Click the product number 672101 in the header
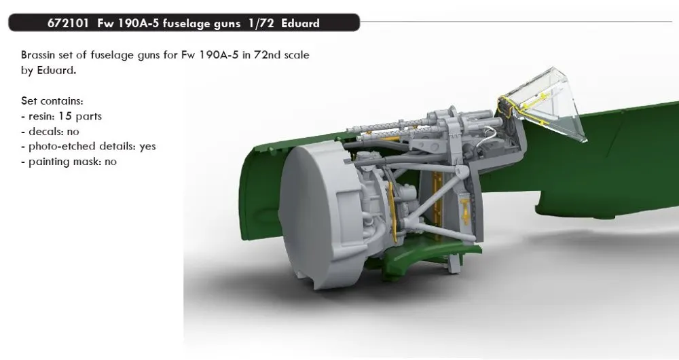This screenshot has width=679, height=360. [69, 23]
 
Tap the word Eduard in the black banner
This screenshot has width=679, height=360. [300, 23]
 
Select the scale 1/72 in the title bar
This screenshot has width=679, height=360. [261, 23]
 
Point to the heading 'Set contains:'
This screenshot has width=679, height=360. [52, 101]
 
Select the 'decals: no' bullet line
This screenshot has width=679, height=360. [50, 131]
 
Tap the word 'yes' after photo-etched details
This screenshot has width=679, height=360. [147, 147]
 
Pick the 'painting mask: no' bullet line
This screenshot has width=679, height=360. [69, 162]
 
